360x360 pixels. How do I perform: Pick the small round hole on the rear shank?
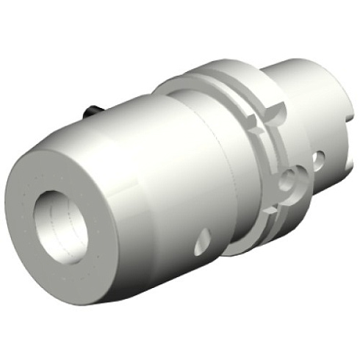[320, 157]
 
